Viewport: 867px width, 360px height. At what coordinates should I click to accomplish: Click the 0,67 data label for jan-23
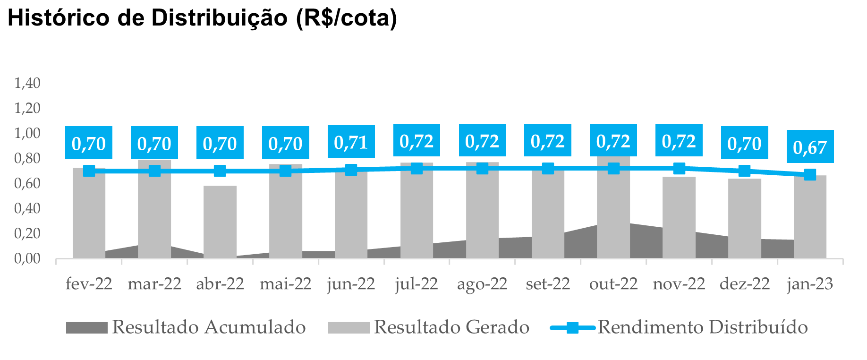pos(810,147)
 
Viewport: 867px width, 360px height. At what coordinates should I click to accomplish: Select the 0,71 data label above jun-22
pos(351,142)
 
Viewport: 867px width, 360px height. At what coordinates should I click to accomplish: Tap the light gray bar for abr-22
pos(220,222)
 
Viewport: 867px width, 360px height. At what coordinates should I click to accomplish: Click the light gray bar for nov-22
pos(679,217)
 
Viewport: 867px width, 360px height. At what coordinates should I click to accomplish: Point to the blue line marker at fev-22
pos(89,171)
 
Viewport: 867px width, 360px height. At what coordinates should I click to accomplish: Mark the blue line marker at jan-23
pos(810,175)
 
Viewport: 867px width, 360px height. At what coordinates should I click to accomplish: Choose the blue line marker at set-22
pos(548,168)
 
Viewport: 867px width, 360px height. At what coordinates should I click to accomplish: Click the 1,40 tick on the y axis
pos(27,83)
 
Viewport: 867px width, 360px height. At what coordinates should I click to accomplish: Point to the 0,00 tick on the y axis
pos(27,258)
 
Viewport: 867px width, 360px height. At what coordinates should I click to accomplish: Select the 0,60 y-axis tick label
pos(27,183)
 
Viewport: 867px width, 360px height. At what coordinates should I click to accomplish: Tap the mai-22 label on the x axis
pos(285,284)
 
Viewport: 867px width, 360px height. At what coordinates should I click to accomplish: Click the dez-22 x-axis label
pos(744,284)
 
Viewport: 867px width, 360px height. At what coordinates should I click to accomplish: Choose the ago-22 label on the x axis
pos(482,284)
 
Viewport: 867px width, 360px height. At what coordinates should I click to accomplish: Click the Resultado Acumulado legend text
pos(209,327)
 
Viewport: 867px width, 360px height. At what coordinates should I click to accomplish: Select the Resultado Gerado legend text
pos(451,327)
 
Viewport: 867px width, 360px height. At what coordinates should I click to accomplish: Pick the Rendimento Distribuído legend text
pos(703,327)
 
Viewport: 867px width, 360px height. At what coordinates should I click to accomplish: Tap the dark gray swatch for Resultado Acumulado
pos(86,327)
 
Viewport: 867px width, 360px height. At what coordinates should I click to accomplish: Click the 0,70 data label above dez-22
pos(744,143)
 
